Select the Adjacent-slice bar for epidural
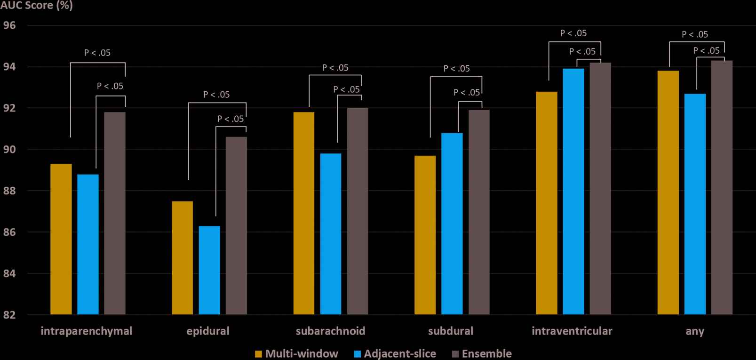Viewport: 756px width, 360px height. coord(209,270)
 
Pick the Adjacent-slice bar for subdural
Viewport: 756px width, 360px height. coord(452,224)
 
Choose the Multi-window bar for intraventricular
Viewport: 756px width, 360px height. coord(546,203)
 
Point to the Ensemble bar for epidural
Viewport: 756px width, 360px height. coord(236,225)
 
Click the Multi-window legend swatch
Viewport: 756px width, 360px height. coord(258,354)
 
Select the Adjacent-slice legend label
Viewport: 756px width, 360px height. coord(400,354)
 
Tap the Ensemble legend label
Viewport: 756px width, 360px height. coord(486,354)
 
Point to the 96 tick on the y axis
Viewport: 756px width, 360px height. coord(9,25)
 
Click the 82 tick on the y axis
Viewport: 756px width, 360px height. coord(9,315)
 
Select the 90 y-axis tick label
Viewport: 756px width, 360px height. coord(9,150)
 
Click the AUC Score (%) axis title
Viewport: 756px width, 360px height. coord(36,6)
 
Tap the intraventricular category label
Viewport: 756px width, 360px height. coord(572,331)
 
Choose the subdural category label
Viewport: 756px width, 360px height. coord(451,331)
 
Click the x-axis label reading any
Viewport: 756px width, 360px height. coord(695,331)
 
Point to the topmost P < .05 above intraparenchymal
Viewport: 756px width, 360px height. coord(97,53)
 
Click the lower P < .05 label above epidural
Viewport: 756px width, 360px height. coord(231,119)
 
